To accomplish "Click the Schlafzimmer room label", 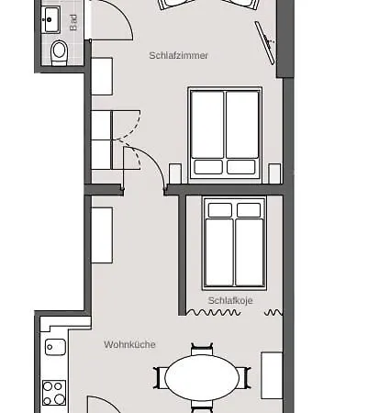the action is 179,55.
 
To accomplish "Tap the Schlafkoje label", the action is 230,300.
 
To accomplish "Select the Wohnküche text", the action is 129,344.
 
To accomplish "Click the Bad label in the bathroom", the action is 73,23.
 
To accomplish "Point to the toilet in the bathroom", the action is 60,52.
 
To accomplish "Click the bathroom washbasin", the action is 50,19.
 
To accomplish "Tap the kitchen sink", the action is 55,347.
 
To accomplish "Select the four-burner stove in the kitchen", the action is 54,393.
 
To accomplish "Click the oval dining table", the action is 202,377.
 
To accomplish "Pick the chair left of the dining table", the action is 160,378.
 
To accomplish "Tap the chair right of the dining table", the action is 244,378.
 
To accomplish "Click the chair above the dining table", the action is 202,350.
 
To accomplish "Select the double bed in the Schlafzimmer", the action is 225,133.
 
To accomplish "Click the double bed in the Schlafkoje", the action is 234,243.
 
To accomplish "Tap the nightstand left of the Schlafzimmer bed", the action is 175,173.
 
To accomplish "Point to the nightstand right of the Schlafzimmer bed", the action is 274,173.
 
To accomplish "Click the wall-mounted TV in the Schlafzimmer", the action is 265,43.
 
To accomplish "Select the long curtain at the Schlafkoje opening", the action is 214,312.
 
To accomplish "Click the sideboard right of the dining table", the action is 272,375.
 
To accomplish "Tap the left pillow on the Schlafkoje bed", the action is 220,210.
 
